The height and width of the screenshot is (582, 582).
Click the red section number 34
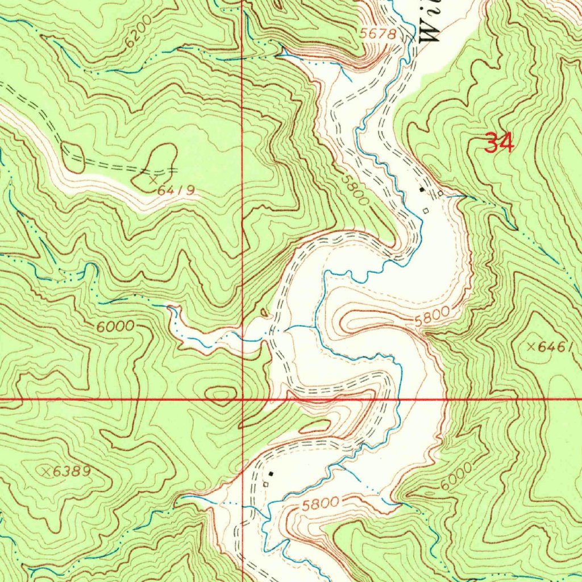[499, 143]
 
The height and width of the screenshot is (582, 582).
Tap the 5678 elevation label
[377, 34]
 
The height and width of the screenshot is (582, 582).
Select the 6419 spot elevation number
[176, 191]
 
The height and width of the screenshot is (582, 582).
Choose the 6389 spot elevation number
[72, 472]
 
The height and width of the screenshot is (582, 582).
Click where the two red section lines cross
[243, 400]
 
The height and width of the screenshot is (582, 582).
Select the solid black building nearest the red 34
[421, 190]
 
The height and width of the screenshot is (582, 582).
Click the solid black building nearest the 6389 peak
[271, 473]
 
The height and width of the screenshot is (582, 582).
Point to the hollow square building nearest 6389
[265, 484]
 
